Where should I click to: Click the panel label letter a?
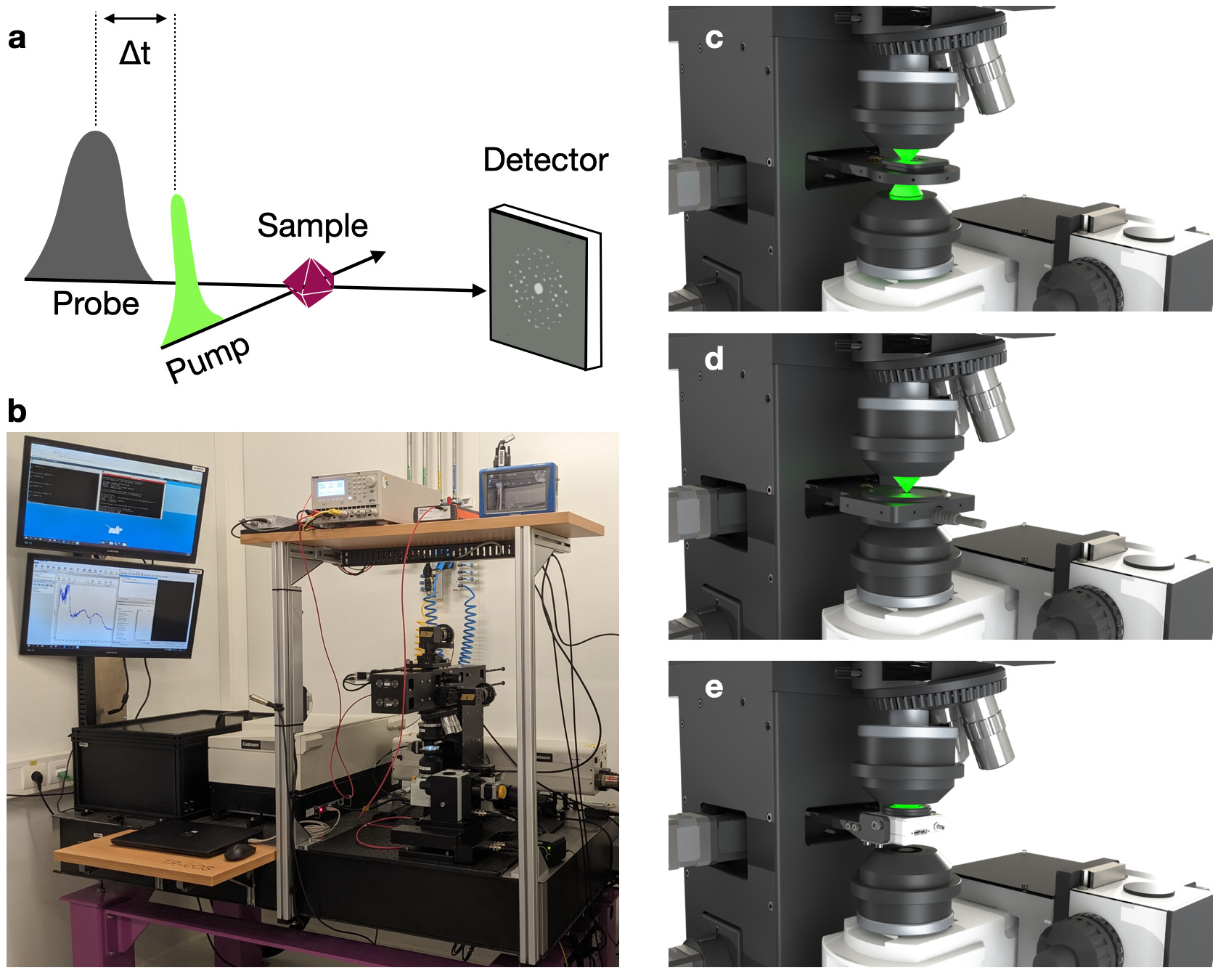17,38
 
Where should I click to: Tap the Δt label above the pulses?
135,53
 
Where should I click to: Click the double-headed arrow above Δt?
135,18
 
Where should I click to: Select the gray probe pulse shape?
94,218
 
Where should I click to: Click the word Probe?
96,304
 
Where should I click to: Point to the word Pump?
208,358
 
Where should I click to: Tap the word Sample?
312,226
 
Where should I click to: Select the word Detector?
545,160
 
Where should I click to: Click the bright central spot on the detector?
539,288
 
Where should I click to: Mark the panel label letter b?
17,412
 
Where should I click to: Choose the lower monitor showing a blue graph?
110,605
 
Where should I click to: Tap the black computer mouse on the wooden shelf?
239,851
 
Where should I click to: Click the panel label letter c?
714,38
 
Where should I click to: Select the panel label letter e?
714,687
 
